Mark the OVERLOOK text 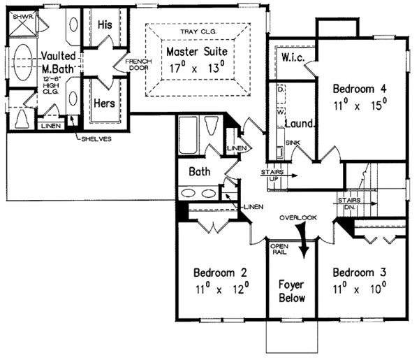(299, 217)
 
